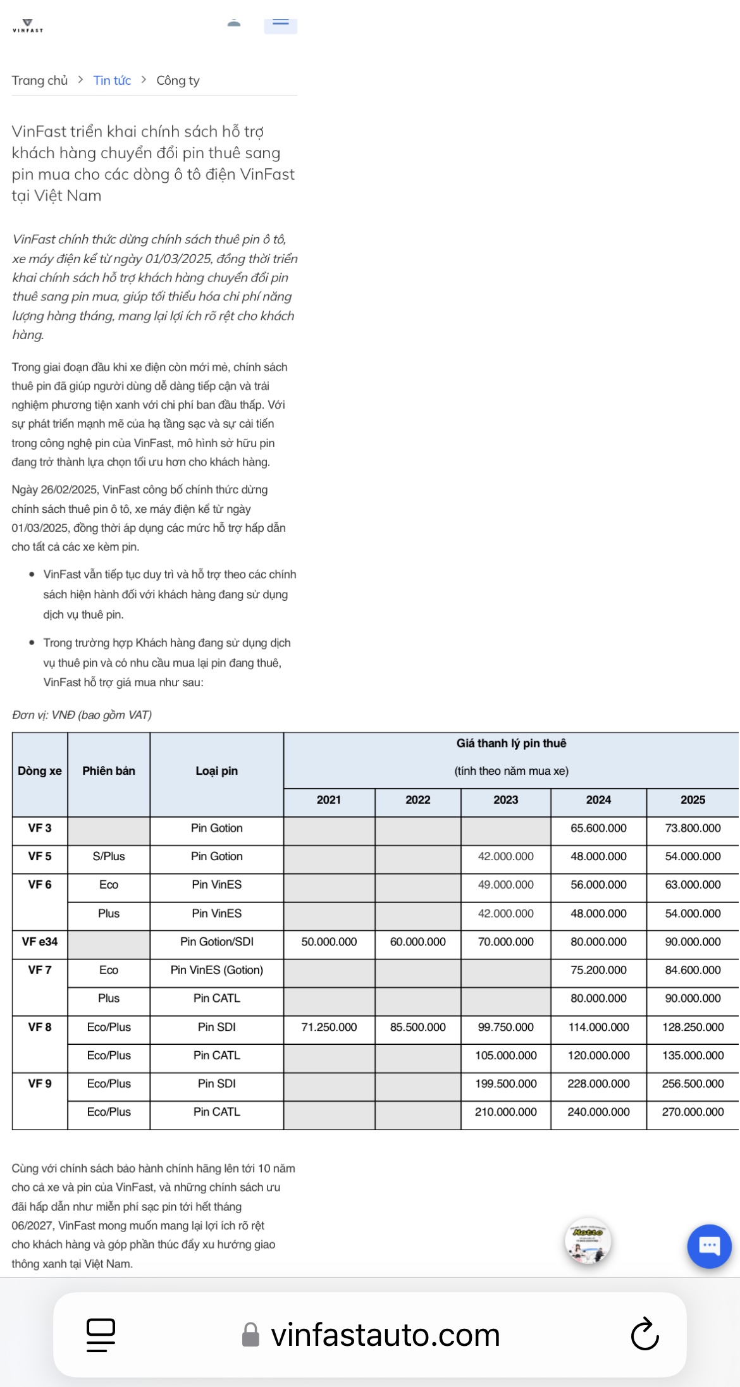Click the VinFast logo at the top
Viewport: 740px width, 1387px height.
(x=27, y=26)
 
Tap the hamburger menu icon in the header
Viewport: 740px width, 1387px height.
(x=280, y=24)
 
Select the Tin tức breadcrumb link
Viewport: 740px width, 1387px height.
(x=112, y=80)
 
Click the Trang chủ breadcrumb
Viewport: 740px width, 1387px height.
(x=39, y=80)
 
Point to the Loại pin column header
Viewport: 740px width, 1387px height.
(x=216, y=771)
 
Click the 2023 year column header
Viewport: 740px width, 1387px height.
(x=505, y=800)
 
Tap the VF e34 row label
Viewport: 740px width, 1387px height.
(x=40, y=942)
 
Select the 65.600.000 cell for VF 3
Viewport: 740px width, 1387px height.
(x=598, y=829)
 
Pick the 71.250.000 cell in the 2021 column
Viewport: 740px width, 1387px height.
(x=329, y=1027)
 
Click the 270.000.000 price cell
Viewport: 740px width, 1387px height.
(x=693, y=1112)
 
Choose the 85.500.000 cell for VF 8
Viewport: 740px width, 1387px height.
(x=417, y=1027)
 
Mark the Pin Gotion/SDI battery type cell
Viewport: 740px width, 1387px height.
(x=216, y=942)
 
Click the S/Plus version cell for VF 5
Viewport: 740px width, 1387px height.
(x=109, y=856)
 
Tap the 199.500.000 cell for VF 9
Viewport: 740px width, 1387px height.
(x=505, y=1083)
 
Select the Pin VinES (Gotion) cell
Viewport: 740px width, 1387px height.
(x=216, y=970)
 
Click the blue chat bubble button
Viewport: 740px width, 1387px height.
(x=709, y=1246)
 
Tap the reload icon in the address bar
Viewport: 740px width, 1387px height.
(x=644, y=1335)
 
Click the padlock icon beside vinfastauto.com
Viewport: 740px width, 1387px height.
(x=251, y=1335)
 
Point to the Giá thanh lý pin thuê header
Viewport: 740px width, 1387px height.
(x=511, y=744)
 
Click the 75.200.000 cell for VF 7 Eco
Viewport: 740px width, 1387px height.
(x=598, y=970)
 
